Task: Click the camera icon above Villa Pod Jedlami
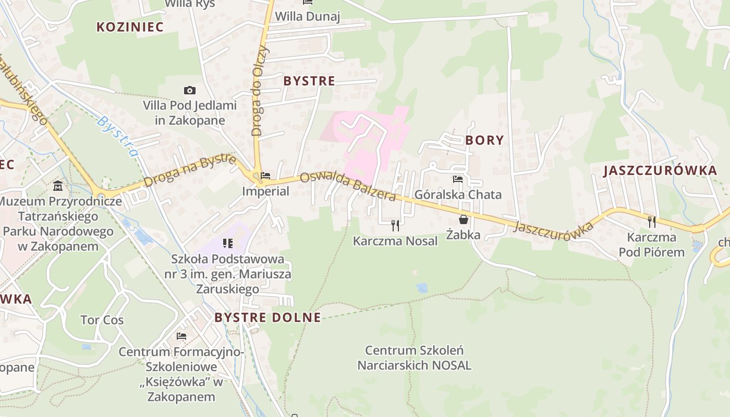pyautogui.click(x=190, y=91)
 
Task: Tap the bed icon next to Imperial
pyautogui.click(x=265, y=176)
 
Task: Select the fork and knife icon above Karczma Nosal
pyautogui.click(x=395, y=225)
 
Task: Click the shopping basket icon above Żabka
pyautogui.click(x=463, y=219)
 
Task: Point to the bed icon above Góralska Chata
pyautogui.click(x=458, y=179)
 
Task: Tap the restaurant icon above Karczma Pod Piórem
pyautogui.click(x=651, y=222)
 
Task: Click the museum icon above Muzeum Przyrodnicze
pyautogui.click(x=57, y=186)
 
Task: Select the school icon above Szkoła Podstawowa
pyautogui.click(x=227, y=243)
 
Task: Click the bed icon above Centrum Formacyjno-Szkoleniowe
pyautogui.click(x=181, y=336)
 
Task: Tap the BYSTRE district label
pyautogui.click(x=309, y=81)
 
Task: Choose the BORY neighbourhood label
pyautogui.click(x=485, y=140)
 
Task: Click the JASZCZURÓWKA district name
pyautogui.click(x=660, y=171)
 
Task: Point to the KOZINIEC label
pyautogui.click(x=130, y=27)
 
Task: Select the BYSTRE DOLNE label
pyautogui.click(x=267, y=317)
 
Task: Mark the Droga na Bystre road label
pyautogui.click(x=190, y=170)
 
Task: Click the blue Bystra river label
pyautogui.click(x=118, y=136)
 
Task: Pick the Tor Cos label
pyautogui.click(x=102, y=320)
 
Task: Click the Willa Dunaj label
pyautogui.click(x=307, y=17)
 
